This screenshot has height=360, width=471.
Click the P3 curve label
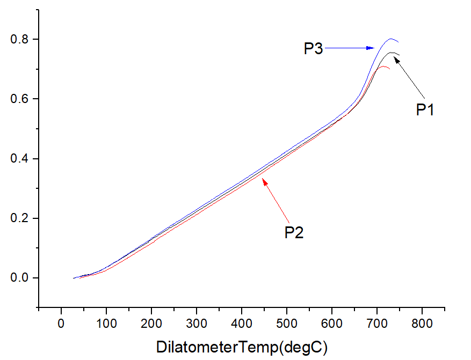point(313,48)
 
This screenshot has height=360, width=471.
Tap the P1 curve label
point(425,110)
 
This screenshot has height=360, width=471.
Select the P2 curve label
point(294,233)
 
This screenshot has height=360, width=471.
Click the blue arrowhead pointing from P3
point(371,48)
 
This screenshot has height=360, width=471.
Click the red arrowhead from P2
point(264,181)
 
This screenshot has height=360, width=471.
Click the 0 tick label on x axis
point(61,325)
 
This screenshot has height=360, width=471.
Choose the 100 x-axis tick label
point(106,325)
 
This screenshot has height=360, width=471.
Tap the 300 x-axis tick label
point(197,325)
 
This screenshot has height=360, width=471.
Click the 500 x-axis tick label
point(287,325)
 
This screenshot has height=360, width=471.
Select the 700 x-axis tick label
point(377,325)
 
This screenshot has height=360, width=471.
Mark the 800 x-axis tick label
point(422,325)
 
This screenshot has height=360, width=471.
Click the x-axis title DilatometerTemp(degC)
point(242,347)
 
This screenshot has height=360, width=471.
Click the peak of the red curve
point(382,67)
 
